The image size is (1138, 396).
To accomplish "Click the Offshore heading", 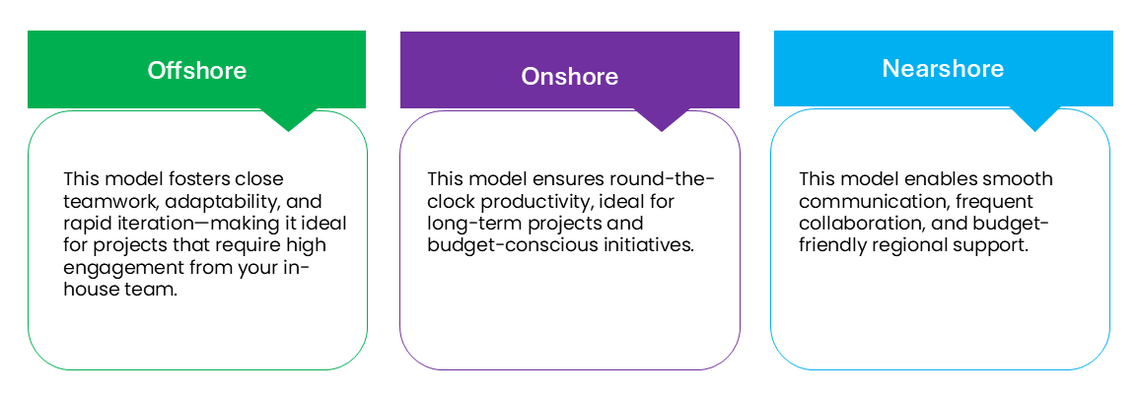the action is (x=196, y=70).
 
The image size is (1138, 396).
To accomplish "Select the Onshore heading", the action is (x=570, y=76).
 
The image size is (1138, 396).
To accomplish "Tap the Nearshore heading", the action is (x=943, y=68).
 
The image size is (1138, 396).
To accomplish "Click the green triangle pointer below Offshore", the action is (x=288, y=119).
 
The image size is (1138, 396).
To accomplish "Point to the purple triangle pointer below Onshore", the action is (x=661, y=119).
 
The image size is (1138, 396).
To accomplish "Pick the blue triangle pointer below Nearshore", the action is (x=1034, y=119).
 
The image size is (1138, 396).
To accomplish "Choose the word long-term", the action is (x=465, y=224).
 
